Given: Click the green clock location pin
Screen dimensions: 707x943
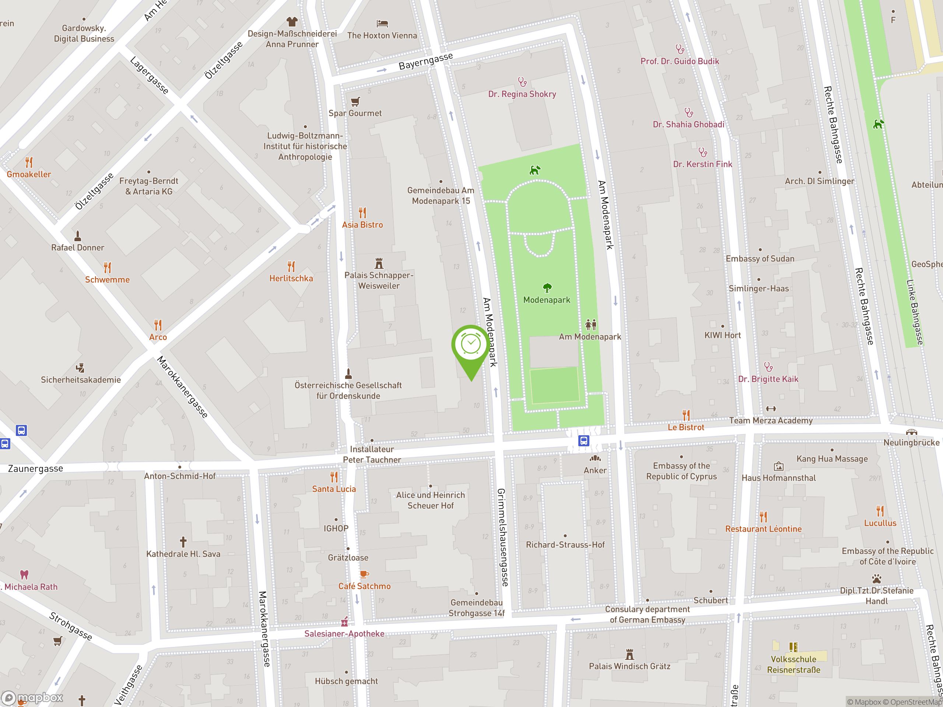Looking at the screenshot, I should tap(471, 345).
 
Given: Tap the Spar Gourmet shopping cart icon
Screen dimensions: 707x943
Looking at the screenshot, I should tap(355, 101).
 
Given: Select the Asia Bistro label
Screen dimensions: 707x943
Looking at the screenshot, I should tap(362, 225).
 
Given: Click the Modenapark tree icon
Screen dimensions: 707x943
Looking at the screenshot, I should tap(547, 288).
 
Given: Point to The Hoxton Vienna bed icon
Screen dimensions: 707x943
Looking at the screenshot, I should tap(382, 24).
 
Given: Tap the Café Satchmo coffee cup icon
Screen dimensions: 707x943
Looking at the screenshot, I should tap(364, 574).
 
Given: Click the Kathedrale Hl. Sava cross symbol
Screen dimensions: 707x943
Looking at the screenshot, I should tap(183, 542).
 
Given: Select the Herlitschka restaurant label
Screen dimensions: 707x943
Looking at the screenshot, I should tap(291, 278).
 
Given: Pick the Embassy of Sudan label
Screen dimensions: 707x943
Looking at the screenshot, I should tap(760, 258).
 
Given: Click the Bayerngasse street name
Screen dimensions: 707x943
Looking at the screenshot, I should tap(425, 61).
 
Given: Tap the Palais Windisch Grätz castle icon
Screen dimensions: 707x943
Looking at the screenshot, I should tap(630, 654).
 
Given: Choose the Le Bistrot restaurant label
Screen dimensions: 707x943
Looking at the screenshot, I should tap(686, 427).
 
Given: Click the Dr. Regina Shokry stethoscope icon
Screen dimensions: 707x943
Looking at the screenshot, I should tap(522, 81).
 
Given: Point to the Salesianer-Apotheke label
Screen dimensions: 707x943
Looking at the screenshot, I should tap(344, 634).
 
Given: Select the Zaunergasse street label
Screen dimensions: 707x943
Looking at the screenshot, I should tap(36, 469).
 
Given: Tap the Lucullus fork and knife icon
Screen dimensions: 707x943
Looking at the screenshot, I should tap(880, 510).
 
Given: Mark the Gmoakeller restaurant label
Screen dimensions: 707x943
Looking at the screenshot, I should tap(29, 174).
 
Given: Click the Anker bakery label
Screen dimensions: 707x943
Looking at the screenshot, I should tap(595, 471).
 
